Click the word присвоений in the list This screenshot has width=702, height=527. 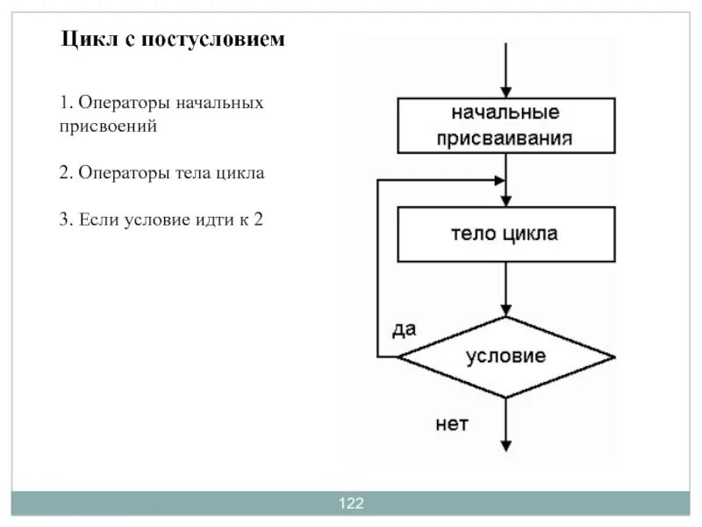click(x=109, y=126)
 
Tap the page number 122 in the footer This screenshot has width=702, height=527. click(x=351, y=503)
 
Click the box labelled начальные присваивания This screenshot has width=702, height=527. click(x=506, y=125)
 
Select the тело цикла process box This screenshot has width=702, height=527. click(x=506, y=234)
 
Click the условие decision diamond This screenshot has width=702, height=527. click(x=506, y=357)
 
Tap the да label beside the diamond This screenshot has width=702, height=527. click(x=404, y=328)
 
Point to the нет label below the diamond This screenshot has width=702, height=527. click(x=453, y=424)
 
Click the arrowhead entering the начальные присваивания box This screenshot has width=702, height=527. click(x=506, y=90)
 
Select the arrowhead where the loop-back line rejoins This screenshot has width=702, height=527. click(x=499, y=180)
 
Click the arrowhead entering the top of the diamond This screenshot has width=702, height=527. click(x=506, y=310)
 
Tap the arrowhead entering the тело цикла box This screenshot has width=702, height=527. click(x=506, y=200)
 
